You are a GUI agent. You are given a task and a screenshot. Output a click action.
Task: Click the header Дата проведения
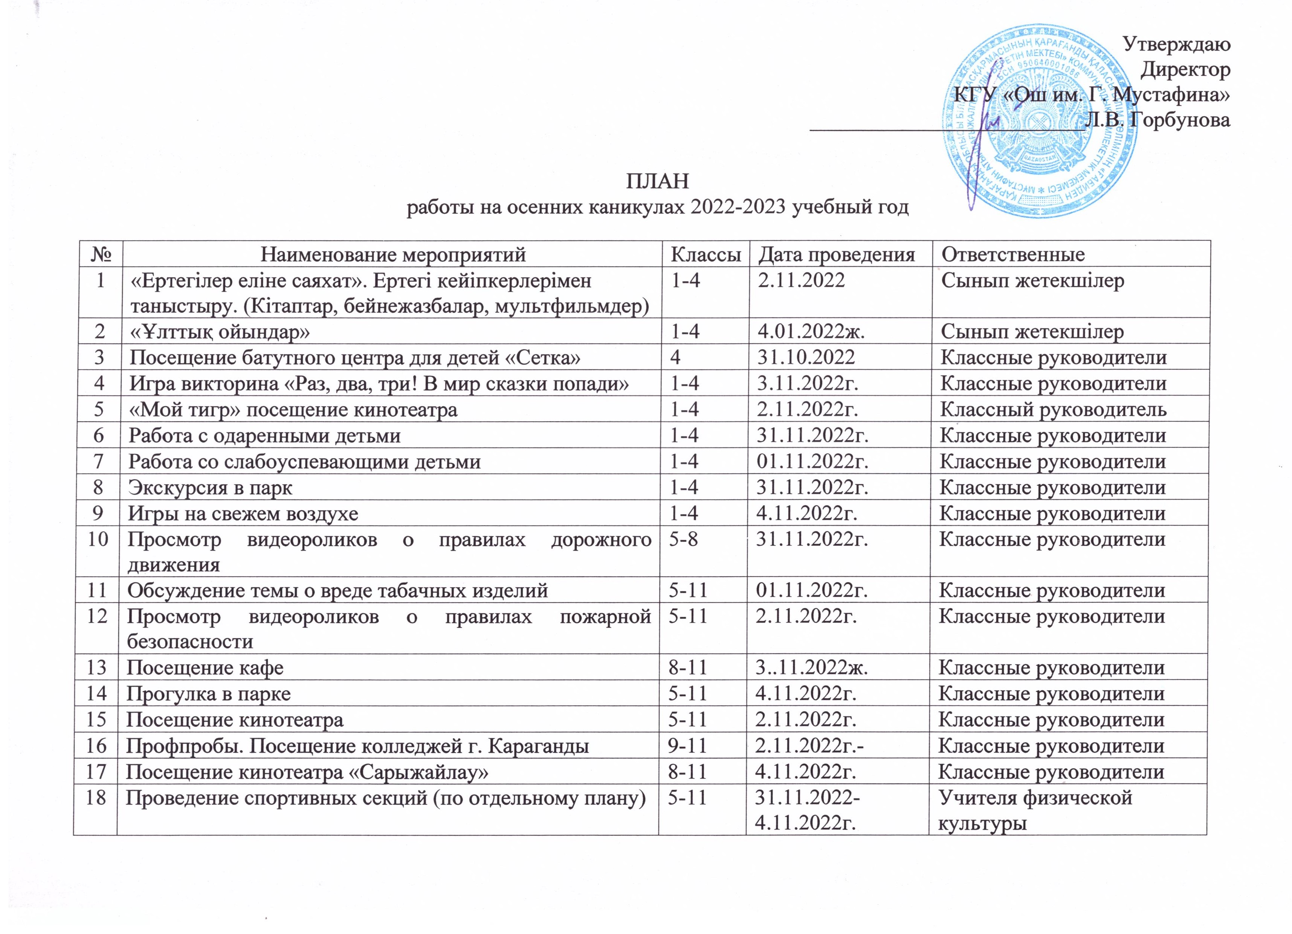836,254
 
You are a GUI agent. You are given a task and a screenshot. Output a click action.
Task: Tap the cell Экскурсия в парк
211,488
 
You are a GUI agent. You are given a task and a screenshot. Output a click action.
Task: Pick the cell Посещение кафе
205,667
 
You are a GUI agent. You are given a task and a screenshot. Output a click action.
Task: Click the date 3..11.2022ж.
811,667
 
